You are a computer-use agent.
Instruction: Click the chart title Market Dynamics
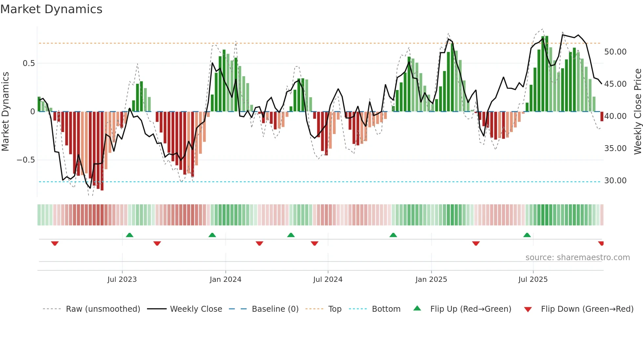(x=52, y=9)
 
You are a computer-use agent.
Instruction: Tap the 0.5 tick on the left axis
(x=29, y=63)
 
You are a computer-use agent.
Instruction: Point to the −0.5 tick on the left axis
(x=26, y=160)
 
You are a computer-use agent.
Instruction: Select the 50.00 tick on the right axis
(x=615, y=52)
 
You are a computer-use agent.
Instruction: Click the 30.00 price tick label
(x=615, y=181)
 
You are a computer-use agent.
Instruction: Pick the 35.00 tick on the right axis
(x=615, y=148)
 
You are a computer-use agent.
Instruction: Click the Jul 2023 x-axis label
(x=122, y=280)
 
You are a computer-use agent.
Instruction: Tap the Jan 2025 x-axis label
(x=431, y=280)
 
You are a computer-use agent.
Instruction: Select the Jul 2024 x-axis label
(x=328, y=280)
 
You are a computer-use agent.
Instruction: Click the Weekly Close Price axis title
(x=637, y=112)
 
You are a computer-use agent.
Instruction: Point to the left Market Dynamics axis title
(x=5, y=112)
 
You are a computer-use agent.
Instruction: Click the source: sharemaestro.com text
(x=577, y=258)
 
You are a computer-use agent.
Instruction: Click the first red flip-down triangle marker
(x=55, y=243)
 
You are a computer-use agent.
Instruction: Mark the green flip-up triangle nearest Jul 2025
(x=527, y=235)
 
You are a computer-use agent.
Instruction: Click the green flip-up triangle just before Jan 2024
(x=212, y=235)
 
